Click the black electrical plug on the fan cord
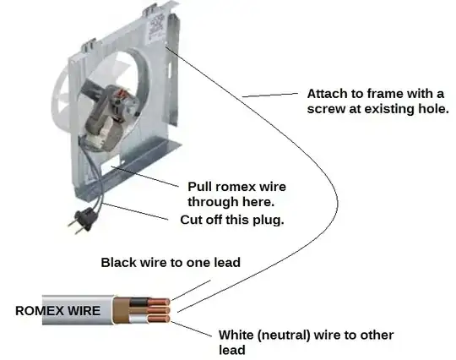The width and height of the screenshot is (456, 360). tap(83, 221)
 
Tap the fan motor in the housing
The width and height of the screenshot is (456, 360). tap(107, 117)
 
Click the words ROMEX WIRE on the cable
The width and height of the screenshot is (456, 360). tap(57, 310)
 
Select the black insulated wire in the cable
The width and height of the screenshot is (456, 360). tap(139, 302)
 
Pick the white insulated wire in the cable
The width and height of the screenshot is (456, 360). tap(138, 319)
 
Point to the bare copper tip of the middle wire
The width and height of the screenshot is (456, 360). tap(159, 310)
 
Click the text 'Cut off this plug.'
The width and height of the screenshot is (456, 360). tap(231, 220)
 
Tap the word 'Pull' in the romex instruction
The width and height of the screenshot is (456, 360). tap(200, 187)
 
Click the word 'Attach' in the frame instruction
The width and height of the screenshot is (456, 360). tap(327, 94)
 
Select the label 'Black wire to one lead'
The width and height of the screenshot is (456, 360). tap(171, 263)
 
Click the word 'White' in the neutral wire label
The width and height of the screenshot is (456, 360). tap(236, 335)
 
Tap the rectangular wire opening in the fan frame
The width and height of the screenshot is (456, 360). tap(111, 164)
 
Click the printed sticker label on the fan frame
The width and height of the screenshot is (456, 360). tap(156, 28)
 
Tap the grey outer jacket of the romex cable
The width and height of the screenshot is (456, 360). tap(78, 310)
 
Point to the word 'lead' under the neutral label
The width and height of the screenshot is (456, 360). tap(231, 350)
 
